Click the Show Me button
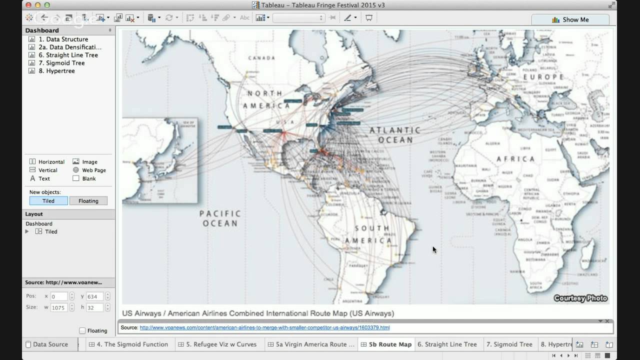pos(570,20)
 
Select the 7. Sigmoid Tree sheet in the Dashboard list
pos(65,63)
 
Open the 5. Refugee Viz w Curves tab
pos(221,344)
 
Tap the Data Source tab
pos(50,344)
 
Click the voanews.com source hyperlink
pos(264,328)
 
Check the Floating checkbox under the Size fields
pos(82,330)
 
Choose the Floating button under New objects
pos(88,201)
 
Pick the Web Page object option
pos(93,170)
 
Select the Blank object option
pos(88,178)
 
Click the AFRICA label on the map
pos(515,159)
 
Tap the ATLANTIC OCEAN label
pos(394,135)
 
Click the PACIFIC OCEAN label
pos(220,218)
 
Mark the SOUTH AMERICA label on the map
pos(373,234)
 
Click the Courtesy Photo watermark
pos(580,298)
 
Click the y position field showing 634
pos(94,296)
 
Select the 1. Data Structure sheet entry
pos(63,39)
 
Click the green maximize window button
pos(47,5)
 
